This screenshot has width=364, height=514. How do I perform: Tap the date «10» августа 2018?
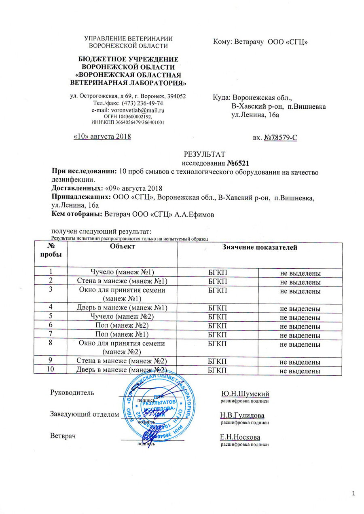(x=102, y=137)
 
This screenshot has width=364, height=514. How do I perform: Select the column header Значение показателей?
(x=258, y=247)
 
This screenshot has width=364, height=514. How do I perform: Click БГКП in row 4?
(x=217, y=308)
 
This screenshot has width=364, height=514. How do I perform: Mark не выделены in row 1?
(x=301, y=273)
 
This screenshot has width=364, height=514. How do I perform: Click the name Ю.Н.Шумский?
(x=245, y=394)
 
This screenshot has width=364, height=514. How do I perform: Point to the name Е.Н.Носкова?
(x=240, y=437)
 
